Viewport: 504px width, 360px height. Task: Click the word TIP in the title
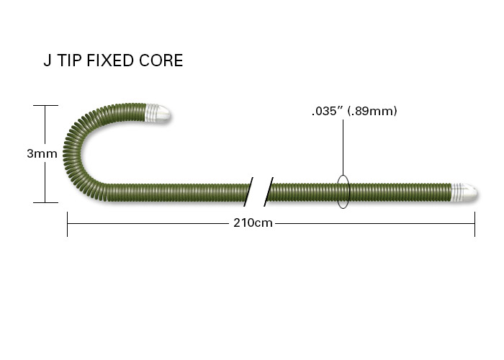(69, 60)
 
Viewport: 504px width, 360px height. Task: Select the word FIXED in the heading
(110, 60)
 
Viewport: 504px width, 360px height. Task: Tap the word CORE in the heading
(161, 60)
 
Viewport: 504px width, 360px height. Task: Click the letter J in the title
(48, 60)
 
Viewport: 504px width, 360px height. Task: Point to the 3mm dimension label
(42, 153)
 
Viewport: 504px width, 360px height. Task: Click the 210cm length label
(253, 222)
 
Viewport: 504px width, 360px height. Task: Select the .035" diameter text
(328, 111)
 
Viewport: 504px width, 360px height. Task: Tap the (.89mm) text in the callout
(373, 111)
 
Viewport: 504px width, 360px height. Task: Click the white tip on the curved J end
(158, 113)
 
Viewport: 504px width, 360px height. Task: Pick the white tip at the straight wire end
(464, 192)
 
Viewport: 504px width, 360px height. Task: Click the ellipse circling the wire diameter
(349, 192)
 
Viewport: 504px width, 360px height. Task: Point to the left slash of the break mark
(248, 192)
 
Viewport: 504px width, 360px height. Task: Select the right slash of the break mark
(269, 192)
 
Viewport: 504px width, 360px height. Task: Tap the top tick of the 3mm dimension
(45, 105)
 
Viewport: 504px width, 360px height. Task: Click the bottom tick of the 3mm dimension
(45, 202)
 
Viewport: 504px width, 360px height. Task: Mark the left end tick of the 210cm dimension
(67, 224)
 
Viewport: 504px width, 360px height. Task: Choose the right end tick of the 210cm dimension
(474, 224)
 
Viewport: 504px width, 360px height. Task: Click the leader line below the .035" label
(343, 148)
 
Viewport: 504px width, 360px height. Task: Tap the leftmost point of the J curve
(63, 151)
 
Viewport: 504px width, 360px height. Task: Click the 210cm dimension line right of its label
(375, 223)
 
